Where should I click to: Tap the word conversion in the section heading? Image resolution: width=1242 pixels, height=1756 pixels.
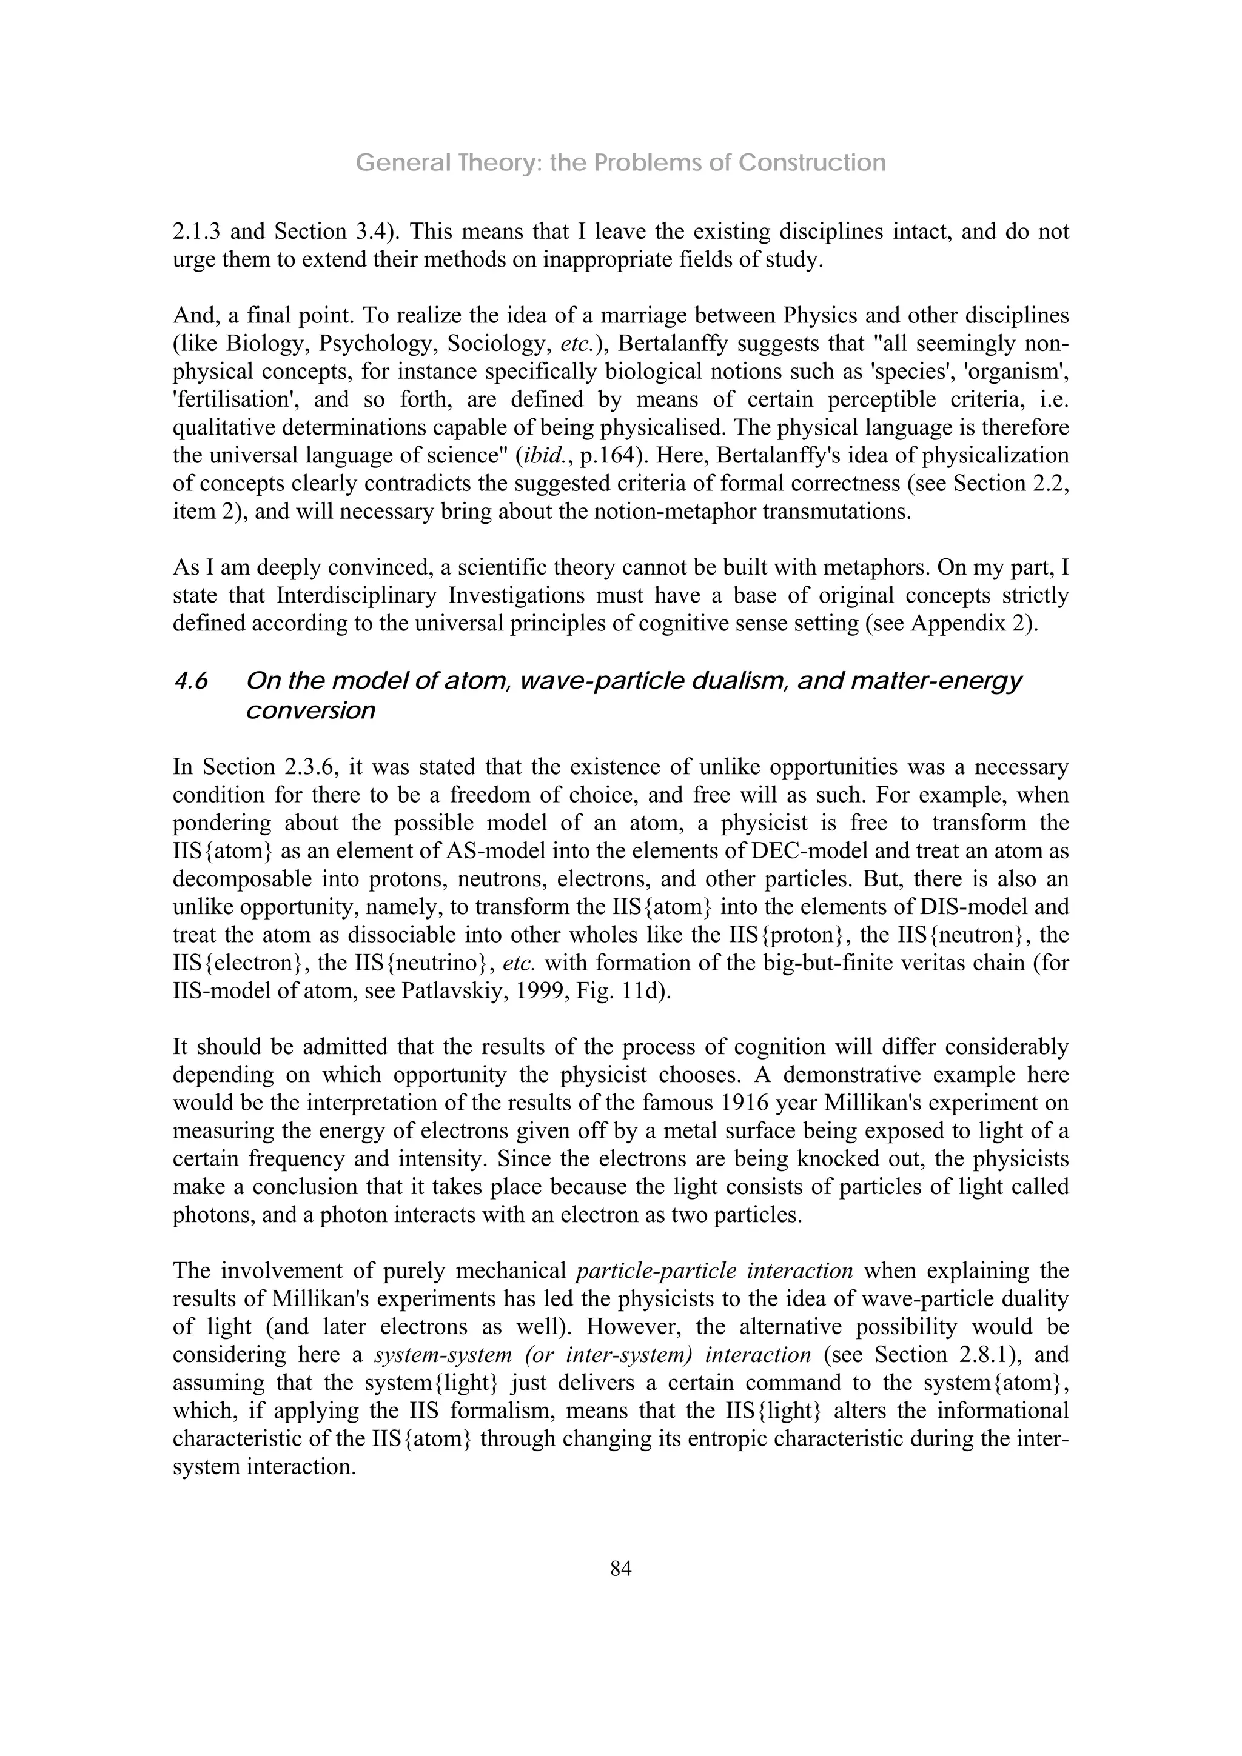coord(310,710)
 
